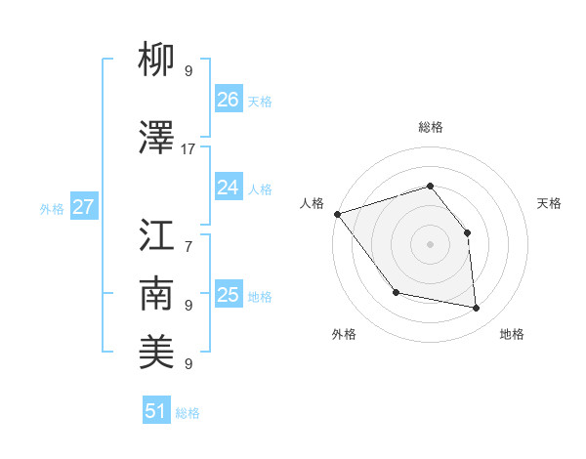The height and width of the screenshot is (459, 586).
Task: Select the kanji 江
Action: pyautogui.click(x=156, y=235)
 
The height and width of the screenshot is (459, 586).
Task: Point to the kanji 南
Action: pyautogui.click(x=156, y=294)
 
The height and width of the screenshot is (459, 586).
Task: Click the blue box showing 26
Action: pyautogui.click(x=229, y=99)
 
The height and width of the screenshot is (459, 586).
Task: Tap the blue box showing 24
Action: pyautogui.click(x=229, y=188)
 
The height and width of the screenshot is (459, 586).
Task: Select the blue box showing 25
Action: pyautogui.click(x=229, y=295)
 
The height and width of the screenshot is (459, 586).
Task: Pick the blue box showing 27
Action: pyautogui.click(x=83, y=207)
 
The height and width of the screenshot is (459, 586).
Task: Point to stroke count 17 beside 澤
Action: pyautogui.click(x=188, y=148)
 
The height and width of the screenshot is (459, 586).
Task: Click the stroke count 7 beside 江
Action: pyautogui.click(x=188, y=236)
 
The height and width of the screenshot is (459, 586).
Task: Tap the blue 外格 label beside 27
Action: pyautogui.click(x=52, y=208)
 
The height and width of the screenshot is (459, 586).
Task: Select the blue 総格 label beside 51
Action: pyautogui.click(x=188, y=413)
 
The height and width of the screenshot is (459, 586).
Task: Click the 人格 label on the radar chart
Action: pyautogui.click(x=312, y=203)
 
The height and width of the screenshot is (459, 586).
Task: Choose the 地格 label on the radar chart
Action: pyautogui.click(x=512, y=334)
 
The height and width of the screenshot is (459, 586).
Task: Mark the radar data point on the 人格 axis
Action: pyautogui.click(x=337, y=214)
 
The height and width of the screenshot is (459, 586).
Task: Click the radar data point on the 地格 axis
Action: pyautogui.click(x=477, y=309)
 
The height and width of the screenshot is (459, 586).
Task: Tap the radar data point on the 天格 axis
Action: pyautogui.click(x=467, y=232)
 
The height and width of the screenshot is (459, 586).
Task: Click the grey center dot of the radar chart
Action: pyautogui.click(x=430, y=244)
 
